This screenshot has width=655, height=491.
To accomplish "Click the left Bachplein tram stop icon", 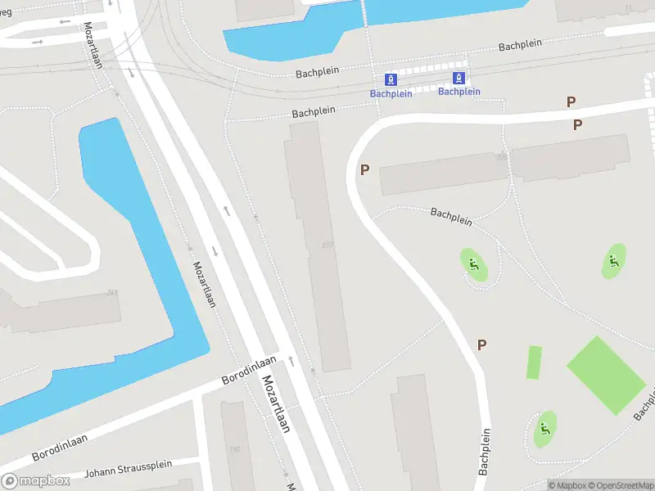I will click(x=391, y=79).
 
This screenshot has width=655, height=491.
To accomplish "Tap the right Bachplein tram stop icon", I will click(x=459, y=79).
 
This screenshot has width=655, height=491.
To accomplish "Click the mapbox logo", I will click(x=34, y=481).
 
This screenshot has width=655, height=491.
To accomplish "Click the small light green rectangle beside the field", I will click(x=534, y=363).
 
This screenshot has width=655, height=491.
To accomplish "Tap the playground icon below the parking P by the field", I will click(x=544, y=429).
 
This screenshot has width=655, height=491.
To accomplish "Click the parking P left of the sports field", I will click(x=481, y=345).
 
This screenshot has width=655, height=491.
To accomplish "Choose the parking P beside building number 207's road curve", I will click(x=364, y=169).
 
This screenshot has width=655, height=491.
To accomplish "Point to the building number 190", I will click(x=235, y=449).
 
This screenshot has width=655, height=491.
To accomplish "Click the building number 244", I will click(x=112, y=293).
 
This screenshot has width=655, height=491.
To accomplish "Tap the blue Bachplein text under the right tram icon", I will click(x=458, y=92).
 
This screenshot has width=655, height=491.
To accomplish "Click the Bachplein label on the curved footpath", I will click(x=451, y=215).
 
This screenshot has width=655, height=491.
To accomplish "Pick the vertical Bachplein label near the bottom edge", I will click(x=485, y=452).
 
